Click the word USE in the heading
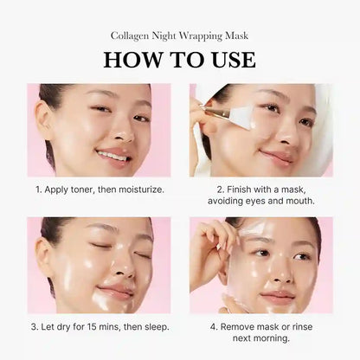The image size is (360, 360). (x=228, y=60)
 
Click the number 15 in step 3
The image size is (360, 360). (x=101, y=326)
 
